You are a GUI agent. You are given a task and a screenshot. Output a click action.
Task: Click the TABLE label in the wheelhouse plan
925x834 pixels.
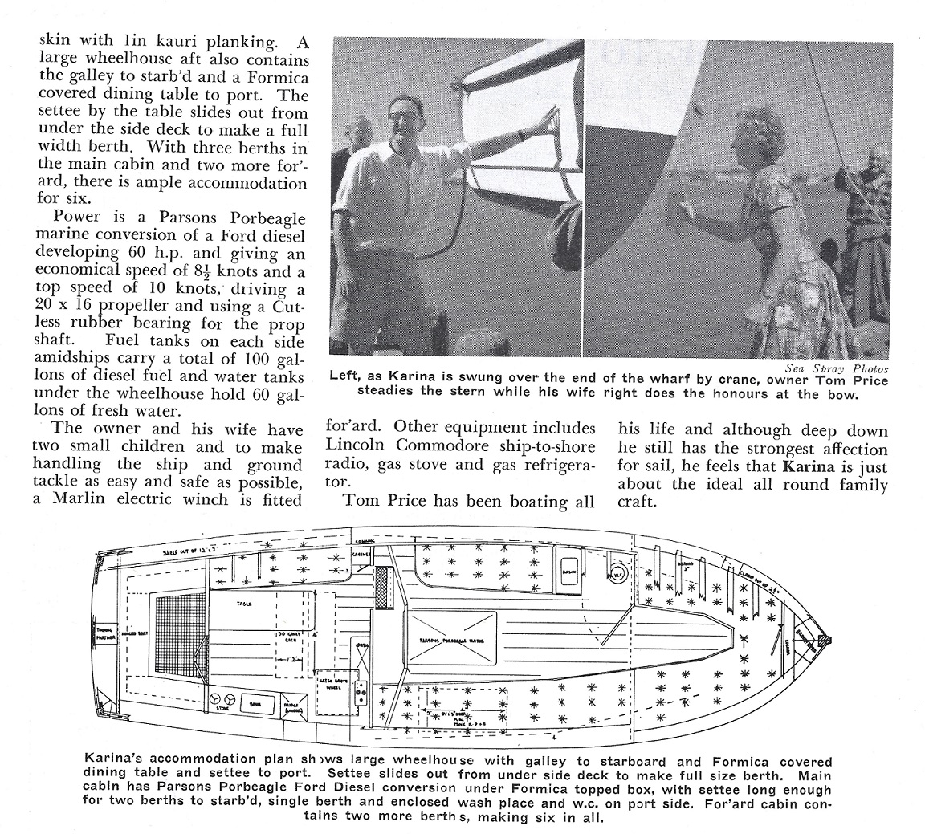point(244,603)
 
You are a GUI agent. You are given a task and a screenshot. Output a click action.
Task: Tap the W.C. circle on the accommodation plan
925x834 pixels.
point(618,574)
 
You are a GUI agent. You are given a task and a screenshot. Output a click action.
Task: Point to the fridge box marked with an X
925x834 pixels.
point(292,706)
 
